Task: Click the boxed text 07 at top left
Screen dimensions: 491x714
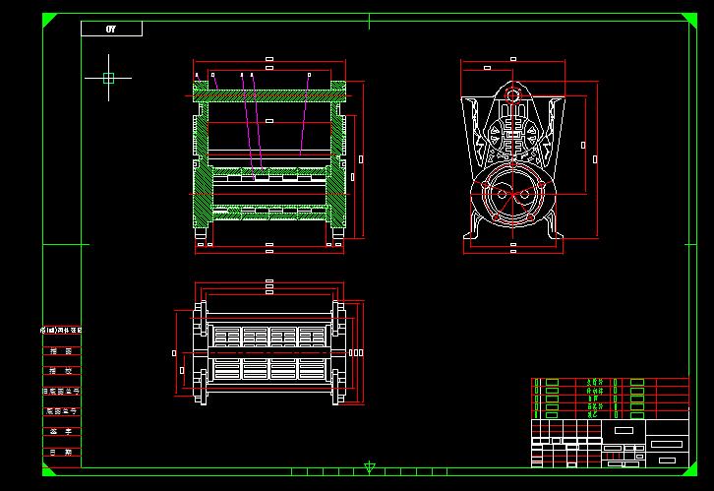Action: [111, 29]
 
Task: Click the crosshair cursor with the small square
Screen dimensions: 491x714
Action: [108, 78]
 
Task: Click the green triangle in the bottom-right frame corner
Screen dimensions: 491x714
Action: [684, 470]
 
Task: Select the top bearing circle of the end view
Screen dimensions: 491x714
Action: [511, 95]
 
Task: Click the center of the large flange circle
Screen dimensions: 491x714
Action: [512, 194]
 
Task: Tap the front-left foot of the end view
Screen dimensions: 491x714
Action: [476, 235]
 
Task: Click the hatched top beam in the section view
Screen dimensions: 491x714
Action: [269, 95]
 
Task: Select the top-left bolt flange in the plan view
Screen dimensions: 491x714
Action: [202, 315]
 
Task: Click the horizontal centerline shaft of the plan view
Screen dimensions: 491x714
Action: [270, 351]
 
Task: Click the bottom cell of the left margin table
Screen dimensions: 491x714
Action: [61, 452]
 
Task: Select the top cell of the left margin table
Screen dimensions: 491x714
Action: [61, 330]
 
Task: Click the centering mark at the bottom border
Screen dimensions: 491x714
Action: [370, 468]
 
